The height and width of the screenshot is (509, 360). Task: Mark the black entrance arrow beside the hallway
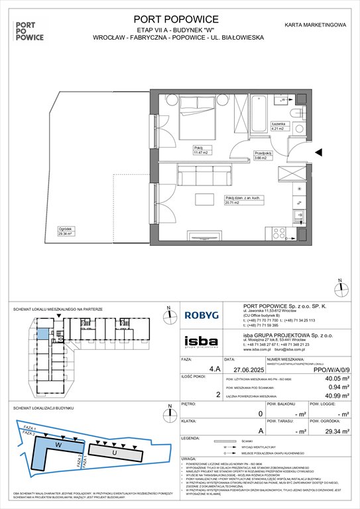321,153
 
